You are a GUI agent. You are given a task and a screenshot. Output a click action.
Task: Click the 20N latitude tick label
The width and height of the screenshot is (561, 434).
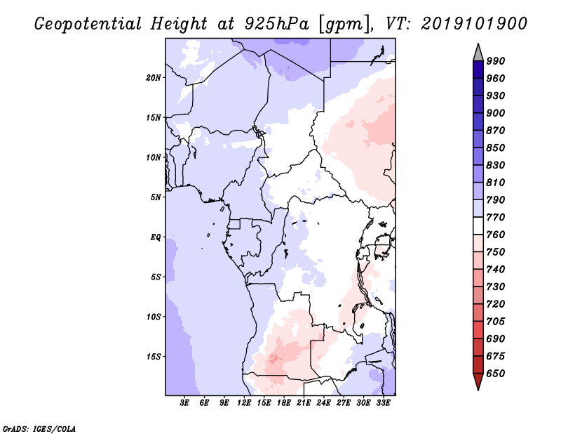154,77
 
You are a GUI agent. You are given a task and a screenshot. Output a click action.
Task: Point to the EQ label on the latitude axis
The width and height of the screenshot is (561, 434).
156,237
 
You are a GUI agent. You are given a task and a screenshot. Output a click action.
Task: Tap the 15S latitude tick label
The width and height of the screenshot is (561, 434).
154,356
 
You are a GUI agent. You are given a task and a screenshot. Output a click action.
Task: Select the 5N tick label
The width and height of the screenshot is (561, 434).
156,197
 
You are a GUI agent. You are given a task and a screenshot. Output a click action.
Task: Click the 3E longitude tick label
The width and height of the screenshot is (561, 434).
184,404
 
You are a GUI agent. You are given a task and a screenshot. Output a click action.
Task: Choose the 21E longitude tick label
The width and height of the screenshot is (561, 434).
304,404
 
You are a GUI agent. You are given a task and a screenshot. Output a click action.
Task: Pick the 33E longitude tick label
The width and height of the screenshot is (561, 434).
383,404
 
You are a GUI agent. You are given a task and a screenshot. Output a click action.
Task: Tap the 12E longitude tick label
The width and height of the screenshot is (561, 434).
244,404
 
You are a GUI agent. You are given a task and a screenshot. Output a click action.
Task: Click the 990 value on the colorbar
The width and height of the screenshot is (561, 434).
496,61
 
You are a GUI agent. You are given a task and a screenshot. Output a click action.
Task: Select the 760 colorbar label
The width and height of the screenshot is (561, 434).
496,235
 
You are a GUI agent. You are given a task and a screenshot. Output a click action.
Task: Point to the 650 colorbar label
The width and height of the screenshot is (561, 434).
496,374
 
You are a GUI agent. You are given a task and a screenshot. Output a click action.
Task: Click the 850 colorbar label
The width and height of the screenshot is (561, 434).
496,147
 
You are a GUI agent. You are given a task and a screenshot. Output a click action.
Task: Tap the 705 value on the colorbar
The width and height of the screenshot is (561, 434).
496,322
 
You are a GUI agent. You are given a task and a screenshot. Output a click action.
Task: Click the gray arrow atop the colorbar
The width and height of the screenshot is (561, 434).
478,51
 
